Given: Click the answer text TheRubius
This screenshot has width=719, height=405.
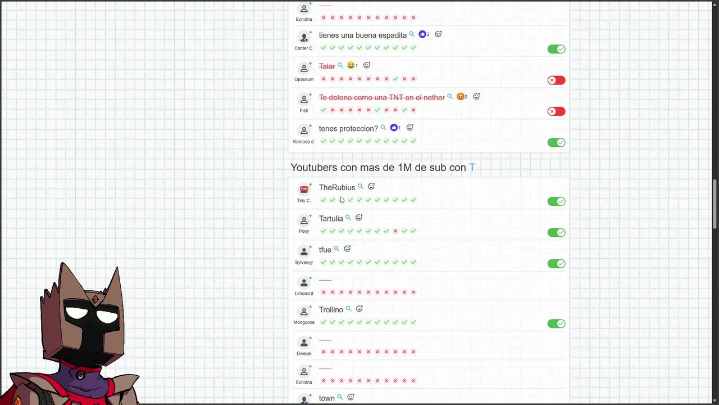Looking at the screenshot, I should (336, 188).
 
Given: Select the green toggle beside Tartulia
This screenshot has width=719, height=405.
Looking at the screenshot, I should (556, 232).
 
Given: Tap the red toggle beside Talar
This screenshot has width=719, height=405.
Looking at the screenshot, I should (556, 80).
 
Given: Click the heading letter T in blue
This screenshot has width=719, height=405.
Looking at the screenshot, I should (472, 168).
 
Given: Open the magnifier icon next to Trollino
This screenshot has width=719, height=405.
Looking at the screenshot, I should (348, 309).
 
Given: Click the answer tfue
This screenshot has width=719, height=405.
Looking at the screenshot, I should (325, 250).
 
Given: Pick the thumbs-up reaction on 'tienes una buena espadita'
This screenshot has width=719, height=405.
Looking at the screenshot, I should (422, 34).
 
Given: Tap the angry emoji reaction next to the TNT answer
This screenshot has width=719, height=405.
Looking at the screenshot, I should (461, 97).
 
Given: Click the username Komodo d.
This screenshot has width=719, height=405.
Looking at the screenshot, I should (304, 142).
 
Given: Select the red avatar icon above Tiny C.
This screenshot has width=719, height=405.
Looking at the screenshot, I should (304, 189).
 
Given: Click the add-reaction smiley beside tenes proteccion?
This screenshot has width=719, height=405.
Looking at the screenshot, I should (409, 128).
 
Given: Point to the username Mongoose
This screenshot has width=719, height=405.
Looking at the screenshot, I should (304, 323).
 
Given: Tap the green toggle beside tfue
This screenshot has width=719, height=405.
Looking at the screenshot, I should (556, 263).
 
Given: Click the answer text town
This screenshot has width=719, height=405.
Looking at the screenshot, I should (326, 398).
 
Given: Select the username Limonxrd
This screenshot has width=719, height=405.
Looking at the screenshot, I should (304, 294).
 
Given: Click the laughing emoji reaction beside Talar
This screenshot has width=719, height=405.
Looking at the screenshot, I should (351, 66).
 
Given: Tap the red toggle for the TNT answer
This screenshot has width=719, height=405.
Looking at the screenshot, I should (556, 111).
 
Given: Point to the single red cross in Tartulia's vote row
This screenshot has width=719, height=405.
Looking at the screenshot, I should (395, 231).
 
